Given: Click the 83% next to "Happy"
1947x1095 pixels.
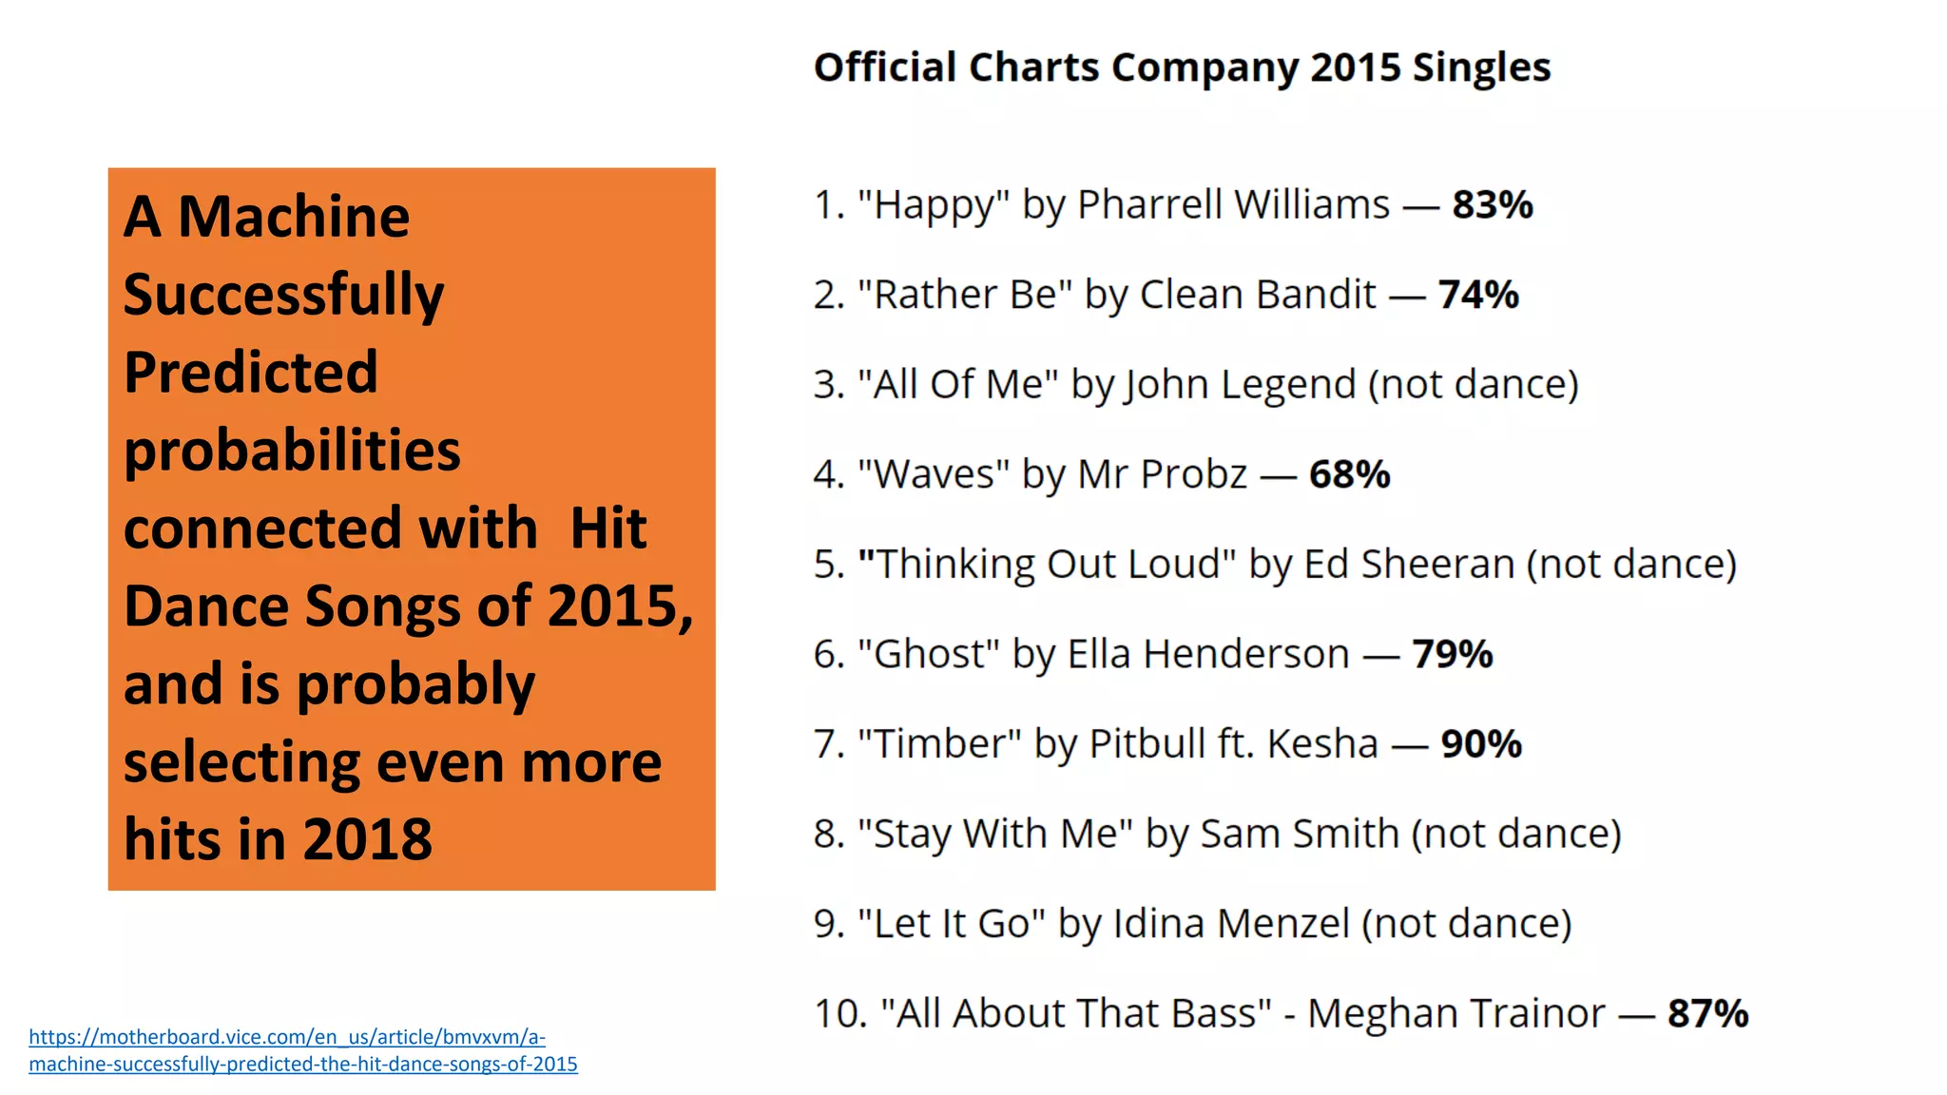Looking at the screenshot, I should (x=1492, y=204).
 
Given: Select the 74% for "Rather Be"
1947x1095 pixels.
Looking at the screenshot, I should (x=1477, y=295).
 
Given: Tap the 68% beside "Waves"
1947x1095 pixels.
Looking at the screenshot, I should (x=1349, y=474).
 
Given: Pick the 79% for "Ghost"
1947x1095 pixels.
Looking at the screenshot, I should (x=1452, y=654).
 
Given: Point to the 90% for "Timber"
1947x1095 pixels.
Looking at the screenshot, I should (x=1480, y=743).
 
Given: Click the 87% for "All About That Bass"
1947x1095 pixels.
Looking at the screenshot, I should (x=1707, y=1013).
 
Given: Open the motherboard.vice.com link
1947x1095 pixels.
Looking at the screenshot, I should (x=302, y=1050).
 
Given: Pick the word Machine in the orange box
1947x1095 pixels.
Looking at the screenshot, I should (x=294, y=217).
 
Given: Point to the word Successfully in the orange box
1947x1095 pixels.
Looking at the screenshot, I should (x=283, y=296).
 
